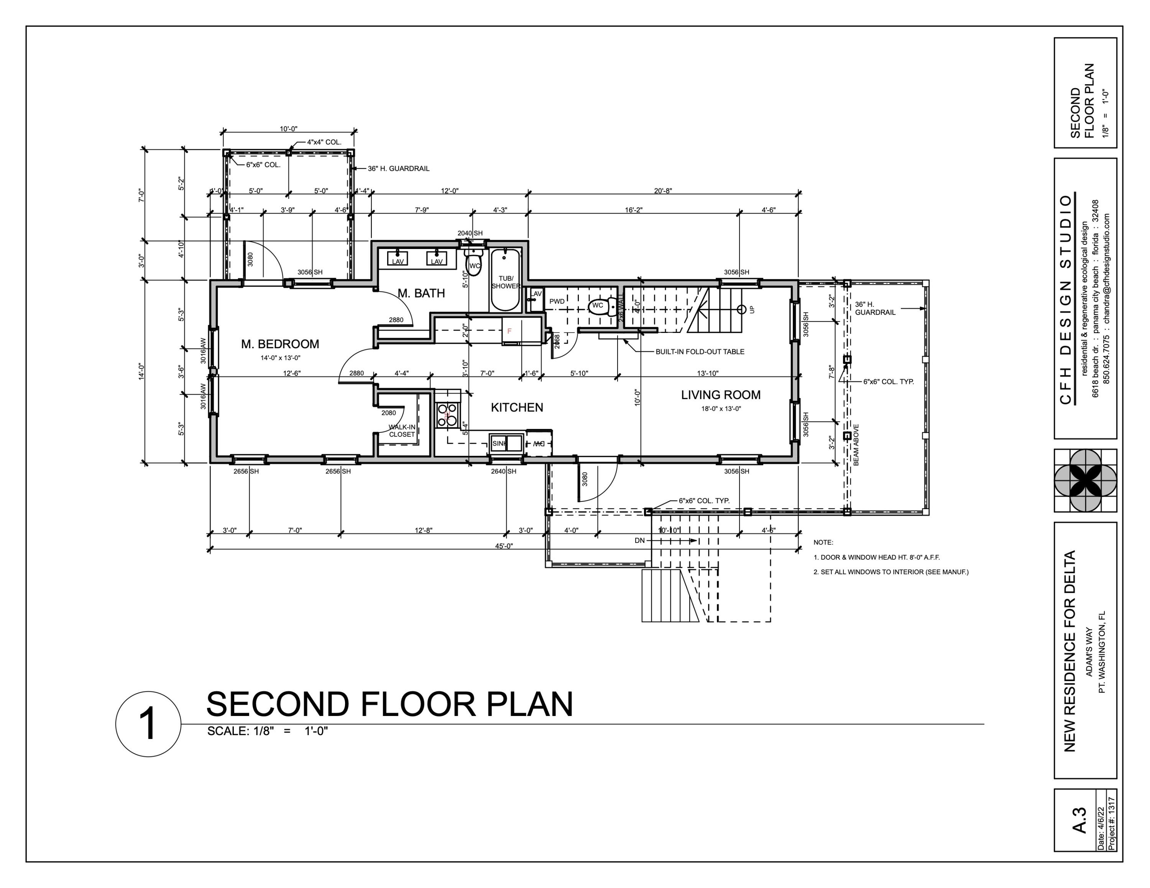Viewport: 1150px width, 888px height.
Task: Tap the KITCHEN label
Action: coord(517,407)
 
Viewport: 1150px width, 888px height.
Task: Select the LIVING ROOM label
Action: coord(720,395)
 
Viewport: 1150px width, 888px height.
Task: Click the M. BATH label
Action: coord(421,293)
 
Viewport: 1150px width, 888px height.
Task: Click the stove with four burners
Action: coord(447,415)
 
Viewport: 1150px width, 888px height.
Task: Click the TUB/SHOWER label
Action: coord(506,282)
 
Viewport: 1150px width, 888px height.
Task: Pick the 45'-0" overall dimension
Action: coord(503,546)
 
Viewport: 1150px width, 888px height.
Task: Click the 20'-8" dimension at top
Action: coord(662,190)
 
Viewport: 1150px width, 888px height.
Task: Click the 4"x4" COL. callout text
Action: coord(324,142)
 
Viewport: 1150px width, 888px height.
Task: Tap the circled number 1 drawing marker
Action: coord(148,724)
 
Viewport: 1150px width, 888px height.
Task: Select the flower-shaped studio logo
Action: coord(1085,480)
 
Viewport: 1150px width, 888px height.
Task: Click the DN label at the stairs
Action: coord(639,540)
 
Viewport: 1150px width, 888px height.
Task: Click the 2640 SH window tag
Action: coord(503,471)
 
